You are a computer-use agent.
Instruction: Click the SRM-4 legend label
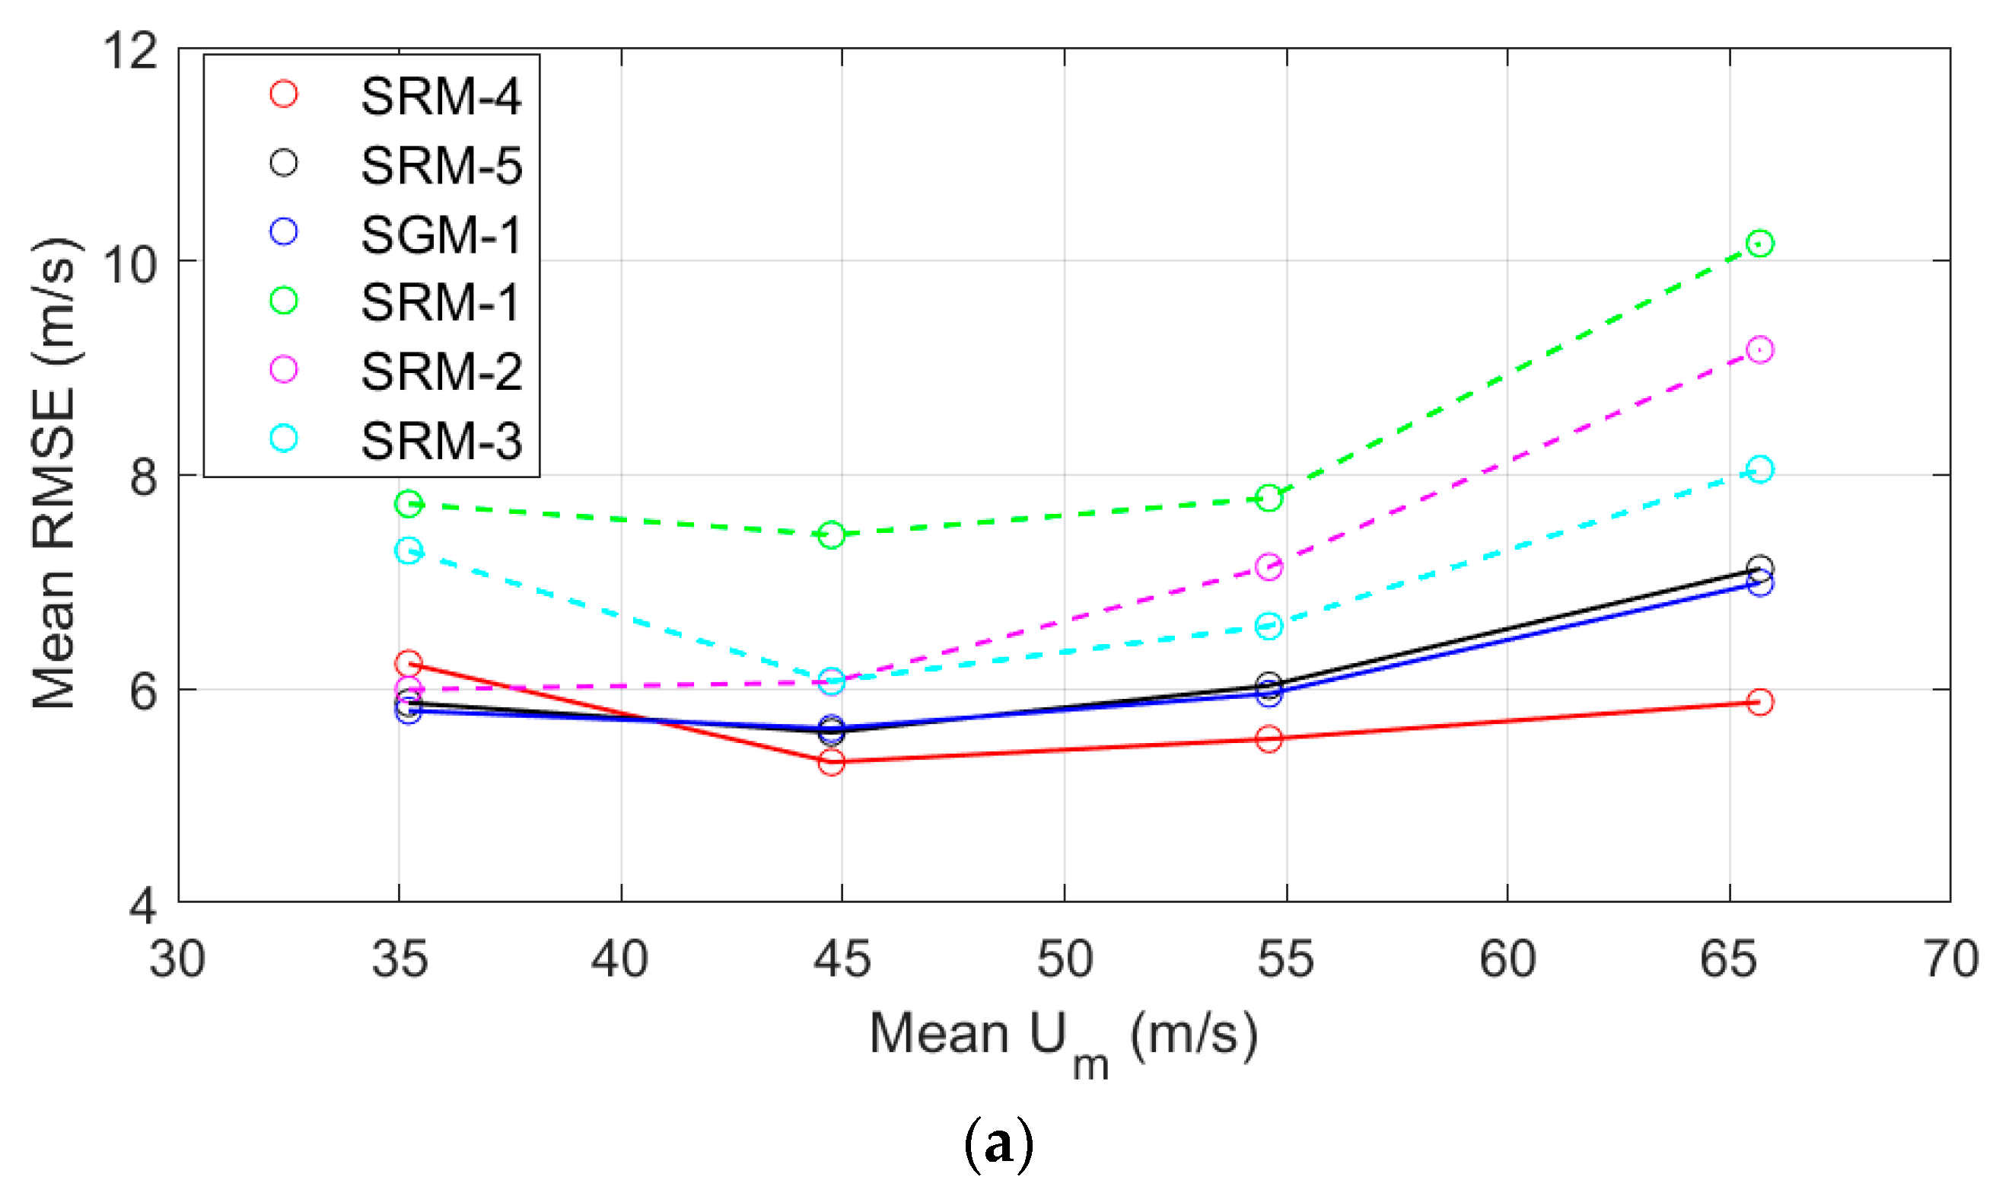pyautogui.click(x=441, y=97)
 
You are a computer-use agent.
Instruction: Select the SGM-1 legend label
pyautogui.click(x=441, y=234)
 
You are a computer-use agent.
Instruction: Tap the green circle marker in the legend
pyautogui.click(x=284, y=301)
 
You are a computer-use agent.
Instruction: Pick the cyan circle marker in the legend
pyautogui.click(x=284, y=438)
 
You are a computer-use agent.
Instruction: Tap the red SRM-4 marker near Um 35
pyautogui.click(x=408, y=664)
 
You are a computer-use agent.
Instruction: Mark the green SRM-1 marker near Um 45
pyautogui.click(x=832, y=534)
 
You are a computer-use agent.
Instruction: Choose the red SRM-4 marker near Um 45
pyautogui.click(x=832, y=762)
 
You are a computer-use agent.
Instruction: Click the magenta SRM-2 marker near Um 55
pyautogui.click(x=1269, y=566)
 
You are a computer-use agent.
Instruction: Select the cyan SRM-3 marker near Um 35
pyautogui.click(x=408, y=550)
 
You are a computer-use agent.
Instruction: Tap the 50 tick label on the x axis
pyautogui.click(x=1065, y=959)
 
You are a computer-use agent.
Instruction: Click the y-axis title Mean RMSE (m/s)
pyautogui.click(x=55, y=474)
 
